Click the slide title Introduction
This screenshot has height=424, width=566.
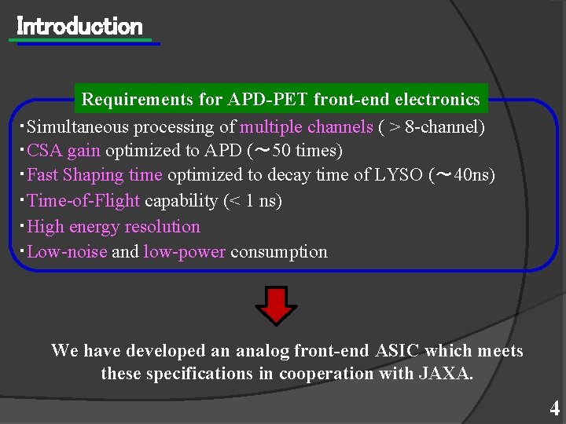coord(79,27)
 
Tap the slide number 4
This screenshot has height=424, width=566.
coord(554,409)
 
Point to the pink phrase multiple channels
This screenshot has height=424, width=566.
coord(306,126)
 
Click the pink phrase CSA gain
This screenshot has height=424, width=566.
coord(64,150)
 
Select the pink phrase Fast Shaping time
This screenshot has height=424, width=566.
coord(94,175)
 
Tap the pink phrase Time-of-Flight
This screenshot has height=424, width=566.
coord(83,201)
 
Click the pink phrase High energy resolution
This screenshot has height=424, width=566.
coord(113,227)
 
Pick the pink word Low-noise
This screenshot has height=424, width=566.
coord(67,252)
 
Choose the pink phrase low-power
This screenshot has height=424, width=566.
coord(185,252)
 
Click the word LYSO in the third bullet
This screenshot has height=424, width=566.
coord(399,175)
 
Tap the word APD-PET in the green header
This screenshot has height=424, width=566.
coord(267,100)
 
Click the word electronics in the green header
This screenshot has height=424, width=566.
coord(437,100)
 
